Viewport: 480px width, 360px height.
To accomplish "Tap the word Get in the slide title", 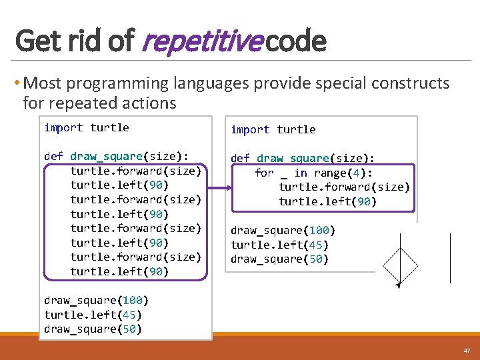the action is [37, 41].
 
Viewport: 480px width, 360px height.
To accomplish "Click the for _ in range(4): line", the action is [313, 173].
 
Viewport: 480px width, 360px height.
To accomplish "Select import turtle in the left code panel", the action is [87, 127].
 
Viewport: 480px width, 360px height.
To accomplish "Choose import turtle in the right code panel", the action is [273, 129].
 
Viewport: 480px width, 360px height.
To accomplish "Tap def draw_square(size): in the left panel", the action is [111, 156].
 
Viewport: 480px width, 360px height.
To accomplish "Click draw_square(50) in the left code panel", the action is [93, 329].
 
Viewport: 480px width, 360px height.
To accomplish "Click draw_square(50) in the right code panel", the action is [279, 259].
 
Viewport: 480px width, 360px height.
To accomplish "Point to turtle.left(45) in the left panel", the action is [93, 315].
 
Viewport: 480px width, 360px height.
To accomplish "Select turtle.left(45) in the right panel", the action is [279, 245].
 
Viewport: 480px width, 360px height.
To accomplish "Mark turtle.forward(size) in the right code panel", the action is [344, 187].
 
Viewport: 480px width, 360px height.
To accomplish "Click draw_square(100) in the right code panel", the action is [283, 231].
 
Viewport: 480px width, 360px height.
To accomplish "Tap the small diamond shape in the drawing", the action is [400, 267].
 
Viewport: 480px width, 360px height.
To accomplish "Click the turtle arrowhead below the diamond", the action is [398, 286].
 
